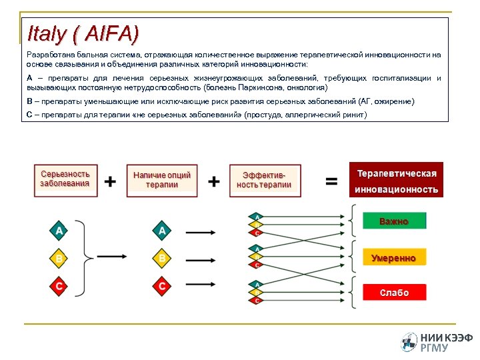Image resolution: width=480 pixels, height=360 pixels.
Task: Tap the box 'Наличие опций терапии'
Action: pyautogui.click(x=162, y=179)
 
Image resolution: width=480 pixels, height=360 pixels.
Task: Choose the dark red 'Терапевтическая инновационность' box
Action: pyautogui.click(x=397, y=181)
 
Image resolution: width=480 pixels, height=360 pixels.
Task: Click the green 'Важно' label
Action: pyautogui.click(x=393, y=221)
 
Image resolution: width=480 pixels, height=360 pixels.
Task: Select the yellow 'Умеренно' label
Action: pyautogui.click(x=393, y=258)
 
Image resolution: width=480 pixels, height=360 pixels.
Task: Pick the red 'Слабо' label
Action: pyautogui.click(x=393, y=293)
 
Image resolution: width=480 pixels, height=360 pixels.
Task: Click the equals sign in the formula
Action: pyautogui.click(x=331, y=181)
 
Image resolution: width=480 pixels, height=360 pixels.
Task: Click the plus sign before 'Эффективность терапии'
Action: pyautogui.click(x=214, y=181)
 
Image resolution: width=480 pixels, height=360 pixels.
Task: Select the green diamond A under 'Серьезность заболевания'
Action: pyautogui.click(x=59, y=231)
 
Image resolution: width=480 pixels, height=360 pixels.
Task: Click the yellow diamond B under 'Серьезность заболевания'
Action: pyautogui.click(x=59, y=258)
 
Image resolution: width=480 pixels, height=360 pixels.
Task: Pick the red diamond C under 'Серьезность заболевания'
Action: pyautogui.click(x=59, y=286)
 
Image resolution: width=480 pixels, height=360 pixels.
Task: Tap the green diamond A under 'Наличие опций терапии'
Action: pyautogui.click(x=162, y=231)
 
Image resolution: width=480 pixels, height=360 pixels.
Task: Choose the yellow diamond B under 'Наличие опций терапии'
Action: pyautogui.click(x=162, y=258)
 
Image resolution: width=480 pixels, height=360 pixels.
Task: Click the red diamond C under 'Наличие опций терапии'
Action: pyautogui.click(x=162, y=286)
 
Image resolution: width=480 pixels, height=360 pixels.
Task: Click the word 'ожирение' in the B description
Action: pyautogui.click(x=393, y=101)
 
